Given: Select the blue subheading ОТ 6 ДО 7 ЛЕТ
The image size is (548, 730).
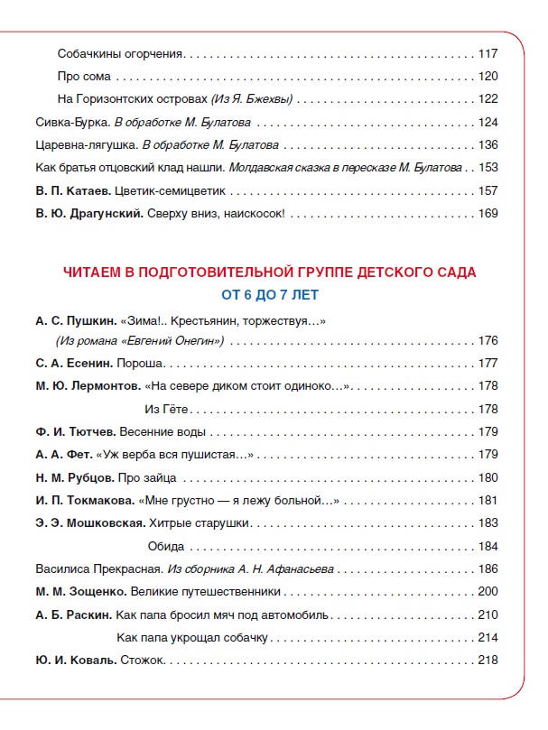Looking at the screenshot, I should point(270,294).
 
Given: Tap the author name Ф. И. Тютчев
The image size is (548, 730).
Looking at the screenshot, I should point(69,432).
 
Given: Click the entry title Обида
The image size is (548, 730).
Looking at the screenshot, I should point(165,546).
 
